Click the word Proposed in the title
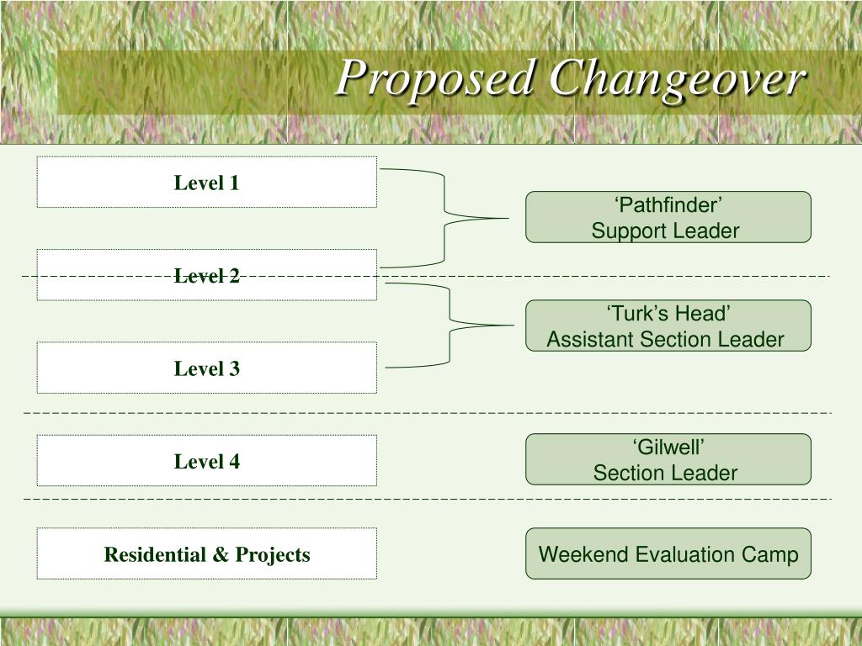[x=435, y=80]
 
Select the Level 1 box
[x=206, y=182]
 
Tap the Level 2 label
[x=206, y=275]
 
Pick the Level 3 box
[x=206, y=368]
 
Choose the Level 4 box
[x=206, y=461]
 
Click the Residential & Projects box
[x=206, y=553]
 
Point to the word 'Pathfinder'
[x=668, y=205]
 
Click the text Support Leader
[x=665, y=230]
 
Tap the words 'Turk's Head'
[x=668, y=314]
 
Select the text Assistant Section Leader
[x=665, y=339]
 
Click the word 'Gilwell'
[x=668, y=447]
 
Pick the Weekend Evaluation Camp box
[x=668, y=553]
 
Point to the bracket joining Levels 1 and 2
[x=444, y=218]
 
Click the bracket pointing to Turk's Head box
[x=451, y=325]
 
